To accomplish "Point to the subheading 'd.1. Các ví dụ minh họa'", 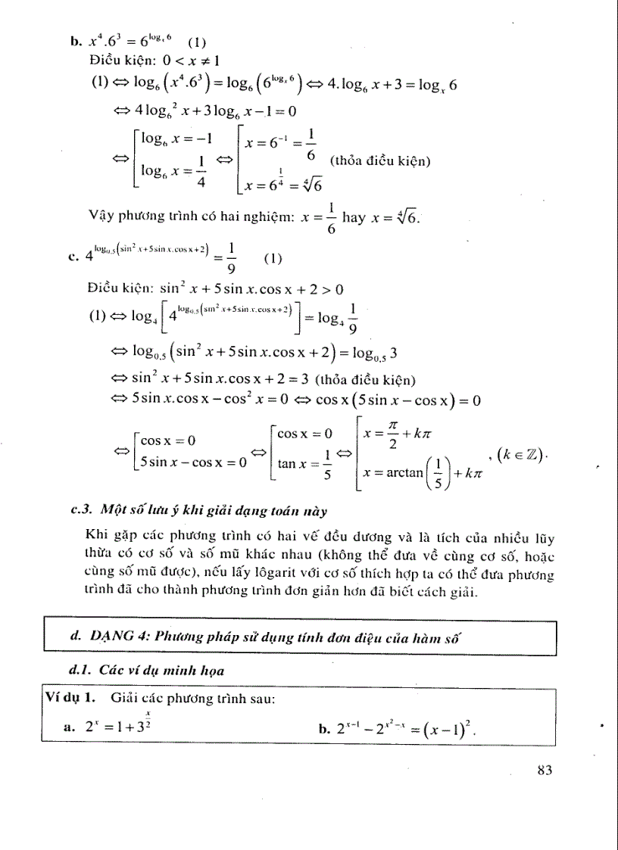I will pos(147,670).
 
